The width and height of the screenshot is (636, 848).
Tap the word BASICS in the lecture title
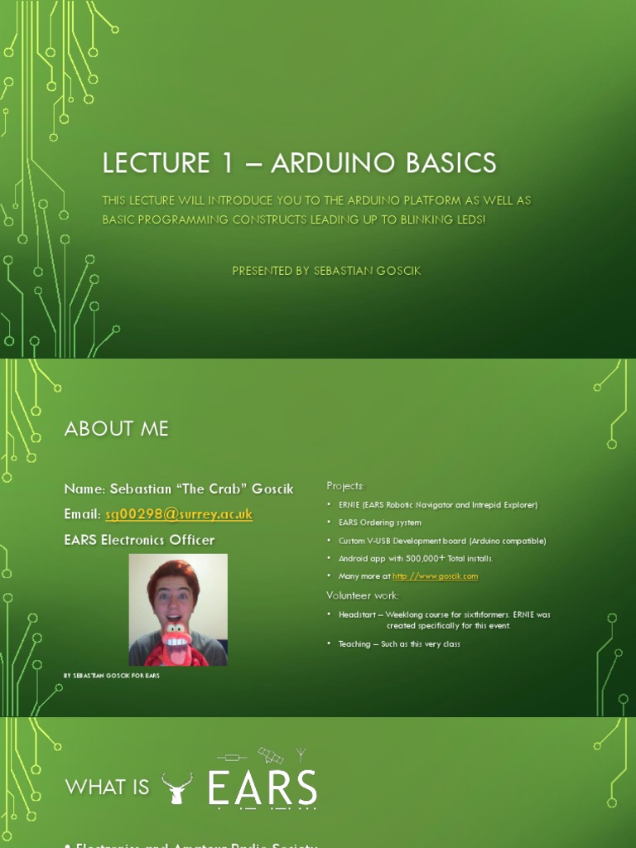coord(450,162)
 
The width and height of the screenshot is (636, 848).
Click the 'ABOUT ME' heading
coord(116,428)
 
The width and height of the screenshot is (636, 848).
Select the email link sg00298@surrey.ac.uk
coord(178,514)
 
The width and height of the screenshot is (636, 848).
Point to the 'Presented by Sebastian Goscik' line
coord(326,271)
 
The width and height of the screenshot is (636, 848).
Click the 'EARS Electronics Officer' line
coord(139,540)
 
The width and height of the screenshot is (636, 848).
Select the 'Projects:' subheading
coord(345,486)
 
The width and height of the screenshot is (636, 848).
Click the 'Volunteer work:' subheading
coord(363,595)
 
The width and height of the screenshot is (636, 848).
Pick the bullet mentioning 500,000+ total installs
coord(416,559)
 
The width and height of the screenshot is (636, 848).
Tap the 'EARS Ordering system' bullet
coord(379,523)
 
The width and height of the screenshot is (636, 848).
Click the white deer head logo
coord(176,788)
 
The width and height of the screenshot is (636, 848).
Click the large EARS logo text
coord(263,788)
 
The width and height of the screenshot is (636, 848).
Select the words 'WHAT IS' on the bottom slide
coord(107,787)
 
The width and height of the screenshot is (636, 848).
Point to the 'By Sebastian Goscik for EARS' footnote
coord(112,676)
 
